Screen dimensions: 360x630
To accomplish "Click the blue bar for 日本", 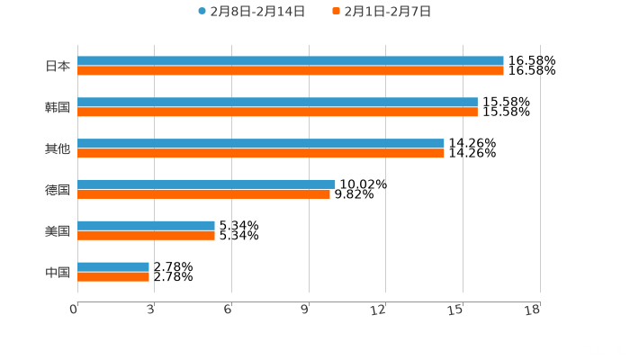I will pyautogui.click(x=290, y=60).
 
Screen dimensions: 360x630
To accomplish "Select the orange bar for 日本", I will pyautogui.click(x=290, y=70).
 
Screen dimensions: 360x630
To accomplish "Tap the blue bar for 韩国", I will pyautogui.click(x=277, y=102).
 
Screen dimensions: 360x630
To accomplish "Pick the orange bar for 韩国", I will pyautogui.click(x=277, y=112).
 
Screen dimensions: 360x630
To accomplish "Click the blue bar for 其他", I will pyautogui.click(x=261, y=143).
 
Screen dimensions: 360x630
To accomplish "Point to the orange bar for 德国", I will pyautogui.click(x=203, y=193).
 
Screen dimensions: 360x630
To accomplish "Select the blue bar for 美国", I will pyautogui.click(x=146, y=225).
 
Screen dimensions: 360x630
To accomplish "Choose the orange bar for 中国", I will pyautogui.click(x=113, y=276).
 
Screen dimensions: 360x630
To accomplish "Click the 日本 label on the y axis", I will pyautogui.click(x=58, y=66).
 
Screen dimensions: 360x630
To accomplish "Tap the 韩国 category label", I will pyautogui.click(x=58, y=107).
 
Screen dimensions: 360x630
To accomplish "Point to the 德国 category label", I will pyautogui.click(x=58, y=189).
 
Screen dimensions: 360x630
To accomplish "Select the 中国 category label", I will pyautogui.click(x=58, y=272).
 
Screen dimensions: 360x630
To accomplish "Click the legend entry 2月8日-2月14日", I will pyautogui.click(x=256, y=12).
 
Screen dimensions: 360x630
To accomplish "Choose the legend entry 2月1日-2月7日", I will pyautogui.click(x=387, y=12).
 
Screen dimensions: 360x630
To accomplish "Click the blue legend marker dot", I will pyautogui.click(x=202, y=12).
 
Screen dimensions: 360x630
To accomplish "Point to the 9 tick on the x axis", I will pyautogui.click(x=306, y=310).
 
